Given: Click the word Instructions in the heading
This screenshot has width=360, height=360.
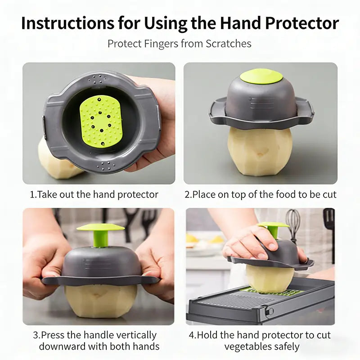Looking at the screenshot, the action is coord(67,23).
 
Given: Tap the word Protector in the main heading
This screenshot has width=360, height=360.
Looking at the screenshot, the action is coord(302,23).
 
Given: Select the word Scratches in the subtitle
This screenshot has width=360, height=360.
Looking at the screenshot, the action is coord(228,44).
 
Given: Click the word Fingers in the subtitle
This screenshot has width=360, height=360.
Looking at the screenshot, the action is coord(161,44).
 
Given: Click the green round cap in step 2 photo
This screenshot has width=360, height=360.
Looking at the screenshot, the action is coord(261,77).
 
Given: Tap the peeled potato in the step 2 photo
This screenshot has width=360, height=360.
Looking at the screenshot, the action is coord(260,152).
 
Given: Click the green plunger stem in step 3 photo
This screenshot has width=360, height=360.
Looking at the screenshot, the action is coord(100,239).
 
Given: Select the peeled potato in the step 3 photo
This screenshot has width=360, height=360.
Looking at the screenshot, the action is coord(101,301).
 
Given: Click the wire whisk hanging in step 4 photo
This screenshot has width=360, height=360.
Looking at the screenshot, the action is coord(293,225).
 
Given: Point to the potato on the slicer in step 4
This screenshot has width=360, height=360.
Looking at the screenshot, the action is coord(270,279).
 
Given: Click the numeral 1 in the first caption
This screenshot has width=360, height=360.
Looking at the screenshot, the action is coord(32,195).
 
